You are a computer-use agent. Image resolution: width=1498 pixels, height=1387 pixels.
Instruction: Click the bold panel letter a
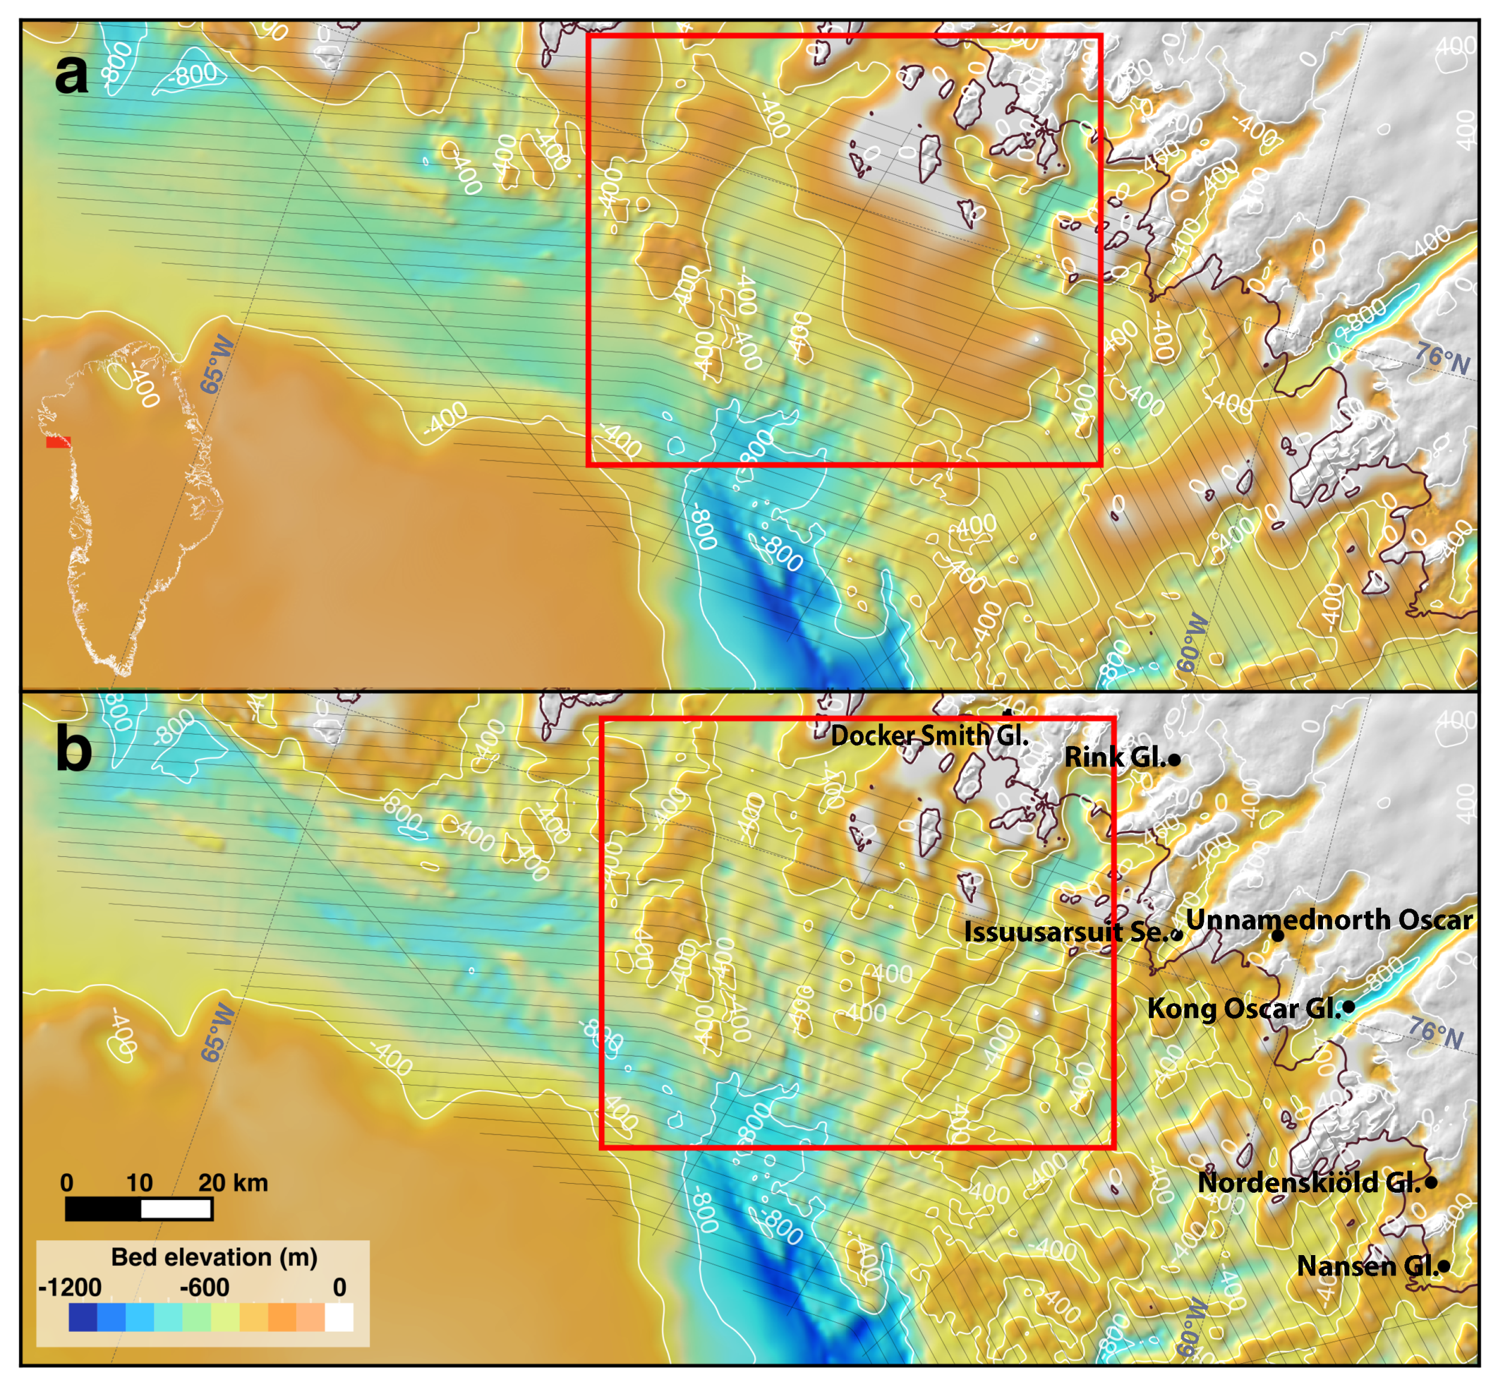pyautogui.click(x=71, y=74)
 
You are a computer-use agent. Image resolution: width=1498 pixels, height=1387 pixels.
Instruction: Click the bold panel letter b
pyautogui.click(x=74, y=750)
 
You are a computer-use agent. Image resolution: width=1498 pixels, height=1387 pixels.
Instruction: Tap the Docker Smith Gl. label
pyautogui.click(x=929, y=736)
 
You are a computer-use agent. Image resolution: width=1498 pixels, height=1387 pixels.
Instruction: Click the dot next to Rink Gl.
pyautogui.click(x=1175, y=760)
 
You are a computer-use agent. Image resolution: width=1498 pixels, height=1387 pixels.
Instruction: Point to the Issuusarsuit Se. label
pyautogui.click(x=1065, y=932)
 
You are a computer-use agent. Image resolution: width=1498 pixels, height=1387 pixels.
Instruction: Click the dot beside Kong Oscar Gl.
pyautogui.click(x=1348, y=1006)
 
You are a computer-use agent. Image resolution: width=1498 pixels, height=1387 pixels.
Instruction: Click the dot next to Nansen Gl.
pyautogui.click(x=1443, y=1267)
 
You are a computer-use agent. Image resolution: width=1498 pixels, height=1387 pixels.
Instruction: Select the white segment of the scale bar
pyautogui.click(x=176, y=1209)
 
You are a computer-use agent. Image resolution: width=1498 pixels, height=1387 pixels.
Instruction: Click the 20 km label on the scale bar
pyautogui.click(x=233, y=1183)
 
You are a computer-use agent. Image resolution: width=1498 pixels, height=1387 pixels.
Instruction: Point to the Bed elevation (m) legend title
pyautogui.click(x=214, y=1257)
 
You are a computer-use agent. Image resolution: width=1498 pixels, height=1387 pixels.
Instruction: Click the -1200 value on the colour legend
pyautogui.click(x=69, y=1288)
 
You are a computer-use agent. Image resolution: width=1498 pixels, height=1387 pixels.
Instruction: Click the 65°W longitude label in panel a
pyautogui.click(x=217, y=366)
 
